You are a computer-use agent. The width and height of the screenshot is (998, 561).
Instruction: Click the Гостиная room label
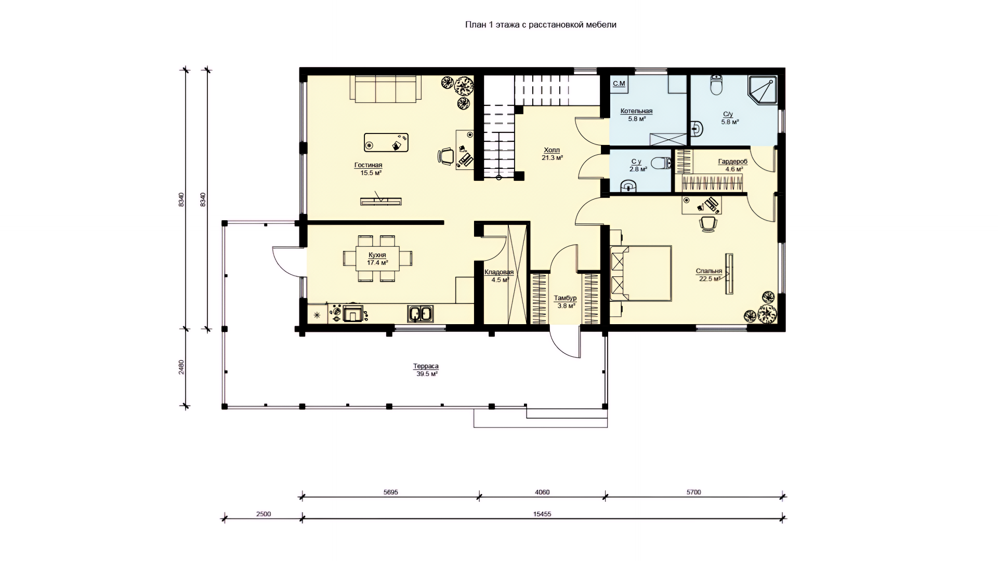point(368,165)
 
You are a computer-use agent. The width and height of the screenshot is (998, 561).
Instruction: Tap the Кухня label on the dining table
point(377,255)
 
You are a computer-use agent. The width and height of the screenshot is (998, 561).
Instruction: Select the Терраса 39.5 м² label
point(426,370)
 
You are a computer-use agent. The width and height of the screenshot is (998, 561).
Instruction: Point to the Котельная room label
point(636,111)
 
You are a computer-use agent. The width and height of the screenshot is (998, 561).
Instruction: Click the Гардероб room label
point(732,162)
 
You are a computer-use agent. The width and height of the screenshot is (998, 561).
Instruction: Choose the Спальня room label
point(709,271)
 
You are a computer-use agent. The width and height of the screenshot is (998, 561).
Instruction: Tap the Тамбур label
point(565,298)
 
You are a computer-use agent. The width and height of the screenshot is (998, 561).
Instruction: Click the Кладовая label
point(499,272)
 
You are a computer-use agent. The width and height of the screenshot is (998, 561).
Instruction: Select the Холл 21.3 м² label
point(552,154)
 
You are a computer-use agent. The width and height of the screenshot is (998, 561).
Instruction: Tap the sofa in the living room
point(385,88)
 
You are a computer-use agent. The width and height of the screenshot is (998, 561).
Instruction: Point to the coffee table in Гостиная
point(386,142)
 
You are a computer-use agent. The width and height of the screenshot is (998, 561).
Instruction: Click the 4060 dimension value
point(542,492)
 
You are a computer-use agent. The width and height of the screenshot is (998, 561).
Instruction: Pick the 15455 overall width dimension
point(542,514)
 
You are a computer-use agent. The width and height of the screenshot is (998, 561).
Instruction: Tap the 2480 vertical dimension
point(181,367)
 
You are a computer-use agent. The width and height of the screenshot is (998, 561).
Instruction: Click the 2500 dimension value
point(264,514)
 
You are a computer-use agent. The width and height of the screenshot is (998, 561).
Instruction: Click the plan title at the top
point(541,25)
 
